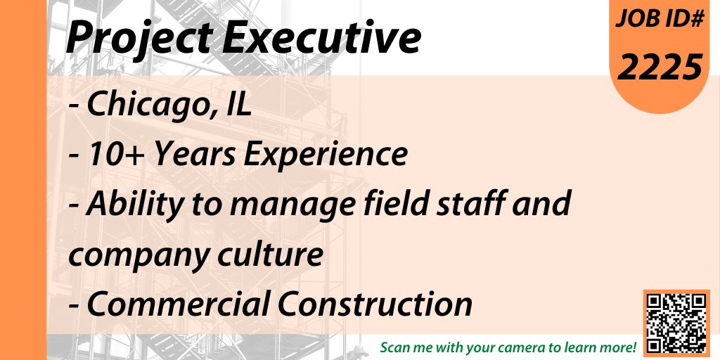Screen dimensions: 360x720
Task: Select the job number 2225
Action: [x=661, y=67]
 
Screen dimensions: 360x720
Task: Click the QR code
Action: [x=674, y=322]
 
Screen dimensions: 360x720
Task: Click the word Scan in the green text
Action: [x=395, y=348]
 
